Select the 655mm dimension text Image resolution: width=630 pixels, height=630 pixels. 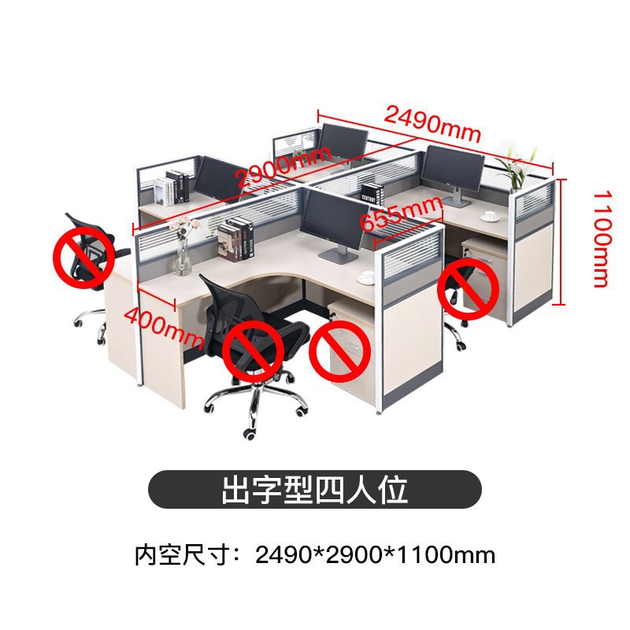pos(401,212)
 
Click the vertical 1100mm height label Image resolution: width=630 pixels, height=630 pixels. pos(601,238)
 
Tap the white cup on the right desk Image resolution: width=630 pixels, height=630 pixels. pos(489,214)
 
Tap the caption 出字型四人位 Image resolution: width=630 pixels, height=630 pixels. pos(314,489)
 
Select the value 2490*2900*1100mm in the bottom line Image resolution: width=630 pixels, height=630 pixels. pos(375,554)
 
